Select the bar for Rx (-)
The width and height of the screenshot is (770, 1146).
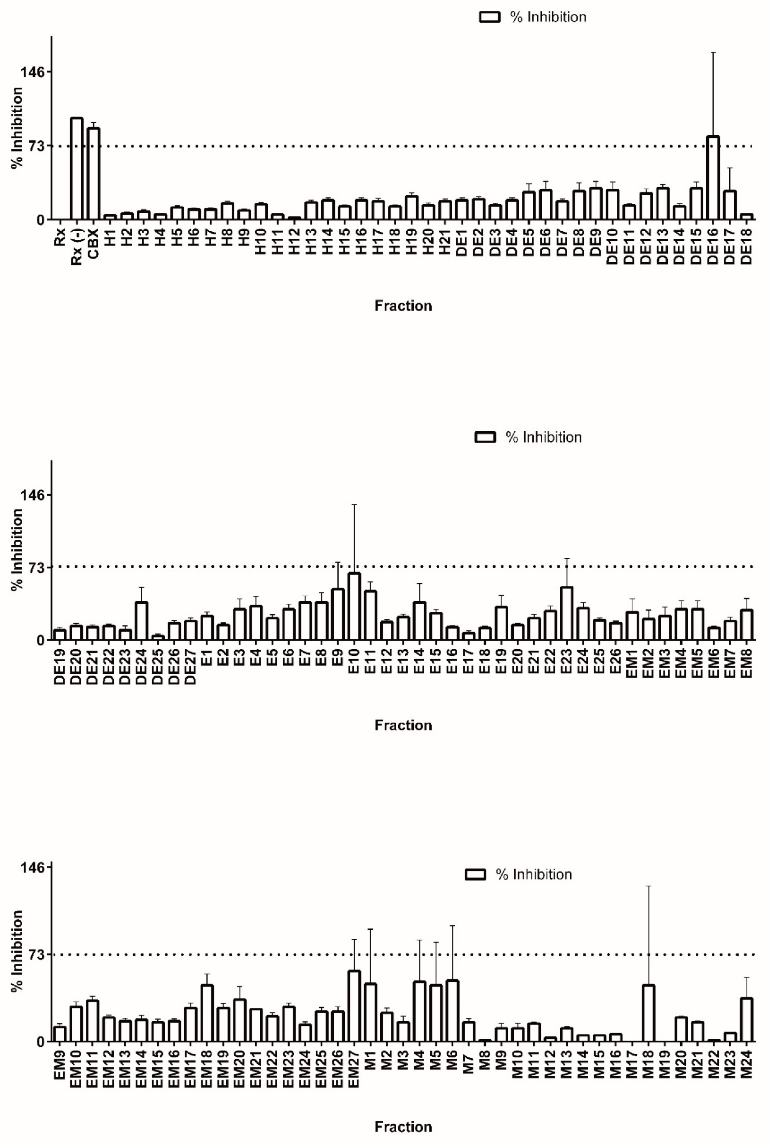pyautogui.click(x=76, y=169)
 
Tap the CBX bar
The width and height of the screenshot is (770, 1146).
pyautogui.click(x=93, y=173)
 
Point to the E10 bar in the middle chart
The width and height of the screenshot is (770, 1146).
pyautogui.click(x=354, y=606)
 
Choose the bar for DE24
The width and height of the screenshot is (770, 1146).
pyautogui.click(x=141, y=620)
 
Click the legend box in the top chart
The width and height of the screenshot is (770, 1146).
pyautogui.click(x=490, y=17)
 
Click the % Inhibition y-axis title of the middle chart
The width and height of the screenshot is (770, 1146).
pyautogui.click(x=17, y=549)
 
